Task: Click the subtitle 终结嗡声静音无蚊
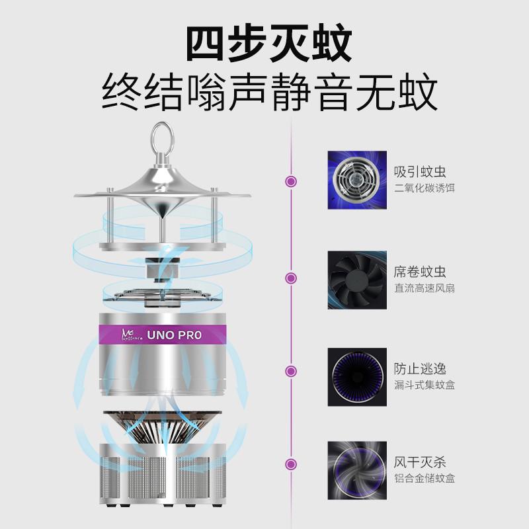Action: pos(269,94)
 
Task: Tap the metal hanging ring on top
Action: pos(161,138)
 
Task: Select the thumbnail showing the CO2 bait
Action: pos(357,181)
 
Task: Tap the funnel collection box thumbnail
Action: pos(357,377)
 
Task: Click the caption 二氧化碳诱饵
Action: pos(425,188)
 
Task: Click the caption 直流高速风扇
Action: pos(425,288)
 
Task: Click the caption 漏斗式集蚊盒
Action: pos(425,385)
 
